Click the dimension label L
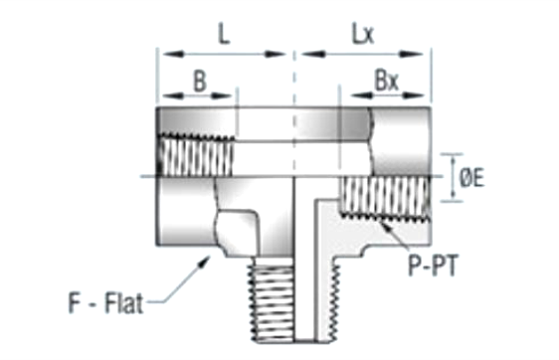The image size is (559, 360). [224, 35]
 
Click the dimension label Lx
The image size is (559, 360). [363, 35]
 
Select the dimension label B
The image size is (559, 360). [200, 81]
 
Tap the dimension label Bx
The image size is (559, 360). [387, 81]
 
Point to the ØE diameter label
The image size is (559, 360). [471, 177]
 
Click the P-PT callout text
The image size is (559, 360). [432, 266]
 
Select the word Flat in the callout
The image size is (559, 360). [123, 303]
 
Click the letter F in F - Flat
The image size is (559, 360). [74, 303]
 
